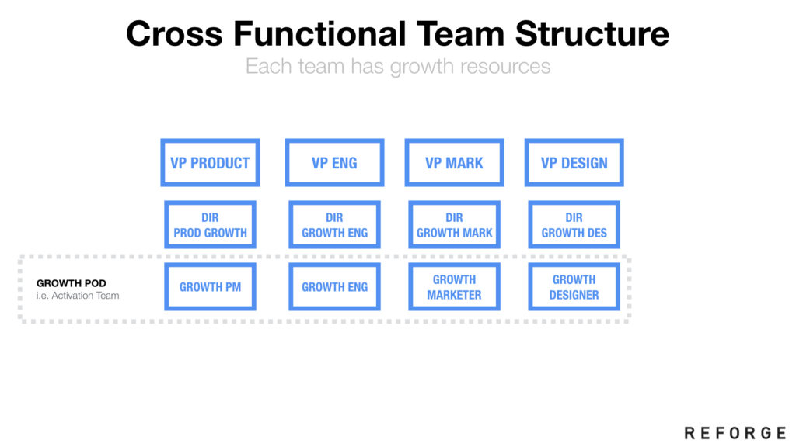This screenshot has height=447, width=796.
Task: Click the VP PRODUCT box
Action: (210, 163)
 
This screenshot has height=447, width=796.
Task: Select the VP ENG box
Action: (334, 163)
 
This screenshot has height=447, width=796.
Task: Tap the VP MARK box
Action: (454, 163)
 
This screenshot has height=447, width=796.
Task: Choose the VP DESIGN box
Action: (574, 163)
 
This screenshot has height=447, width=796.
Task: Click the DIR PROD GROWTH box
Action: (210, 225)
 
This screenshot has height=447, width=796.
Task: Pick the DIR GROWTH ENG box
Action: (334, 225)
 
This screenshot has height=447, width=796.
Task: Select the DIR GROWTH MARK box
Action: (454, 225)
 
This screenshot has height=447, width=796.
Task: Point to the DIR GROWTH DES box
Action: (574, 225)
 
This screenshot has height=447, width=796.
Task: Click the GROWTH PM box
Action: (210, 287)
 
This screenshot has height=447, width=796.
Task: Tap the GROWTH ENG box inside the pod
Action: (334, 287)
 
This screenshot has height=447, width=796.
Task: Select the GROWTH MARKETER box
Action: (454, 287)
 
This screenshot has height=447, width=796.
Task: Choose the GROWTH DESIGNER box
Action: (574, 287)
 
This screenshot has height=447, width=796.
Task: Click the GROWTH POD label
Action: (72, 283)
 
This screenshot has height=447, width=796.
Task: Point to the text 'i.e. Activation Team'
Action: (78, 296)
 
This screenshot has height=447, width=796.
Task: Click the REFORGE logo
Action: (735, 432)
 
